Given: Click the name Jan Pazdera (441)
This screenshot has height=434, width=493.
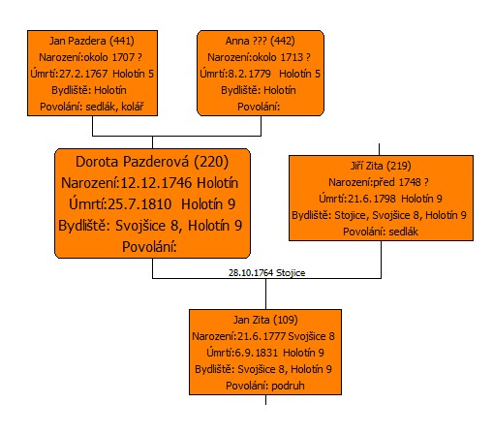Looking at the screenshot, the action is click(x=92, y=41).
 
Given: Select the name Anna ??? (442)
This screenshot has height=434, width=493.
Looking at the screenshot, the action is click(x=261, y=41).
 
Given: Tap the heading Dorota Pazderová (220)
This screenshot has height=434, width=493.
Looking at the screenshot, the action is click(x=152, y=162).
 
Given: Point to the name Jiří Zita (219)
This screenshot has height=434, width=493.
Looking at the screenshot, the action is click(x=381, y=166).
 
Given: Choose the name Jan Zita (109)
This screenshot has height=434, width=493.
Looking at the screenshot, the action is click(x=265, y=320).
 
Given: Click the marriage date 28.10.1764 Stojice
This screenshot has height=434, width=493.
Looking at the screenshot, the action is click(x=266, y=273).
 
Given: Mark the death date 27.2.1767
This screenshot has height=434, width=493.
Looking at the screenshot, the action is click(x=83, y=74).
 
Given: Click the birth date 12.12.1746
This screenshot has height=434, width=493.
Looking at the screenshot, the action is click(x=157, y=183).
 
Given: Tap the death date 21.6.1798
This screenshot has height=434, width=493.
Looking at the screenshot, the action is click(x=372, y=199).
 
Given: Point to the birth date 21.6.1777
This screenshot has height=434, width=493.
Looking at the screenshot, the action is click(x=262, y=336).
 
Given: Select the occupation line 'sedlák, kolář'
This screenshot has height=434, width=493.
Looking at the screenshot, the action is click(x=114, y=107).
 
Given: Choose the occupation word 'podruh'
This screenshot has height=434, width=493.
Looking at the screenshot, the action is click(x=288, y=386).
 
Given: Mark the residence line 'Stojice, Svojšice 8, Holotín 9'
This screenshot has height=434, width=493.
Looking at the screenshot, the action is click(x=400, y=215).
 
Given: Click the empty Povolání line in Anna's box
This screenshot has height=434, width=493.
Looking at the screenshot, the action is click(x=259, y=107).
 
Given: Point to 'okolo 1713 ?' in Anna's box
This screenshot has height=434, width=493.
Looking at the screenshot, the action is click(x=281, y=57).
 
